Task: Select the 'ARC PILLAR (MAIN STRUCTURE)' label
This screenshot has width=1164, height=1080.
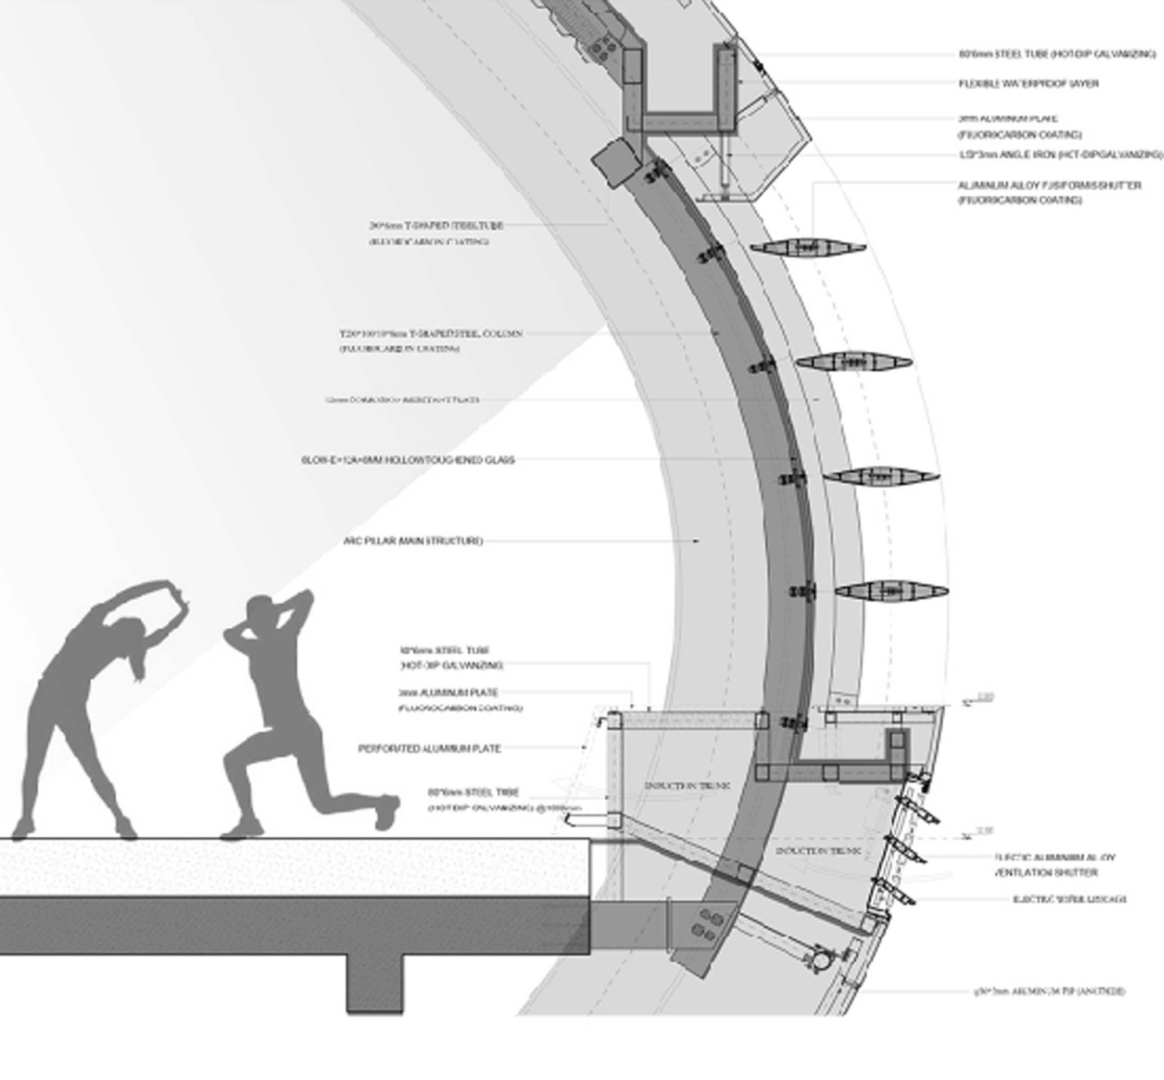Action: pyautogui.click(x=414, y=541)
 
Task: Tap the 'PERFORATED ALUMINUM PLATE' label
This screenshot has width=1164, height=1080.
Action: pyautogui.click(x=430, y=748)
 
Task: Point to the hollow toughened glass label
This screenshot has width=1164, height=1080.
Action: pyautogui.click(x=408, y=460)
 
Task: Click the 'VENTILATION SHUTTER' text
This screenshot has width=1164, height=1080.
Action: pyautogui.click(x=1045, y=873)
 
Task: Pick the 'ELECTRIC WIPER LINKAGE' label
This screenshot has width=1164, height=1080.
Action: pyautogui.click(x=1069, y=900)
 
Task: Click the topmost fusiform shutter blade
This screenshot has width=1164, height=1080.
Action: pyautogui.click(x=808, y=248)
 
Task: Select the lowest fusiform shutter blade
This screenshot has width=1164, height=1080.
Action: pyautogui.click(x=891, y=591)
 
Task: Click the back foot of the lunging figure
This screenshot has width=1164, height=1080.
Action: pyautogui.click(x=386, y=812)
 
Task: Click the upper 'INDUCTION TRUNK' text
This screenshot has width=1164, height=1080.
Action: pyautogui.click(x=687, y=786)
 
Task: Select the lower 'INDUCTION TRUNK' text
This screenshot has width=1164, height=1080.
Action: pyautogui.click(x=818, y=852)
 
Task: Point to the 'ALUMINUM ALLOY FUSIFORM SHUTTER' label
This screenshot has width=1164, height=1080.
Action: pyautogui.click(x=1049, y=186)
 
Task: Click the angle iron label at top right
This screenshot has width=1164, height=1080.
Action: pyautogui.click(x=1060, y=155)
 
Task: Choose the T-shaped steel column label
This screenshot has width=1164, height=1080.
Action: pyautogui.click(x=431, y=334)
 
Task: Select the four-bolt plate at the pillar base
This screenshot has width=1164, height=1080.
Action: pyautogui.click(x=706, y=924)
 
